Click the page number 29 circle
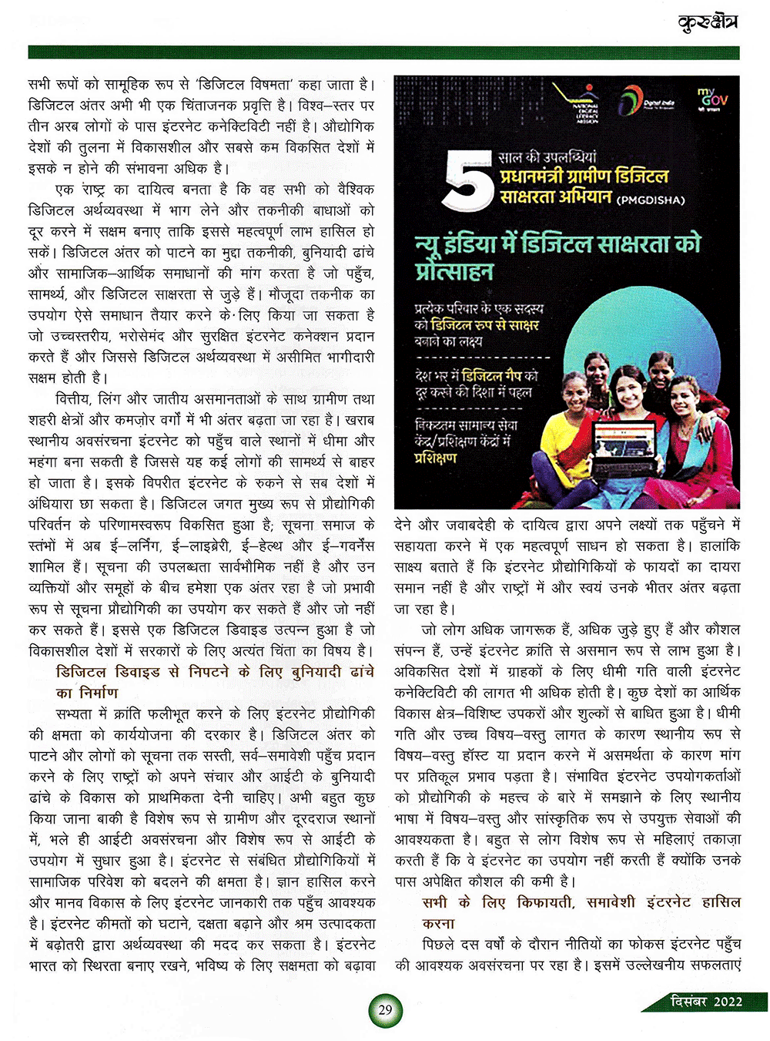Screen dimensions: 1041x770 pyautogui.click(x=386, y=1009)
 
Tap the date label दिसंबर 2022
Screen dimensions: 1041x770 pyautogui.click(x=706, y=1001)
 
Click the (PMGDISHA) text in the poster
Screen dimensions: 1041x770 pyautogui.click(x=651, y=200)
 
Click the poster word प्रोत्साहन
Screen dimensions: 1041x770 pyautogui.click(x=454, y=271)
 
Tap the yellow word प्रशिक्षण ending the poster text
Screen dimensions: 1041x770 pyautogui.click(x=436, y=458)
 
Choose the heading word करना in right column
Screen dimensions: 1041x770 pyautogui.click(x=439, y=923)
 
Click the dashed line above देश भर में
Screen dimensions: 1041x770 pyautogui.click(x=482, y=358)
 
